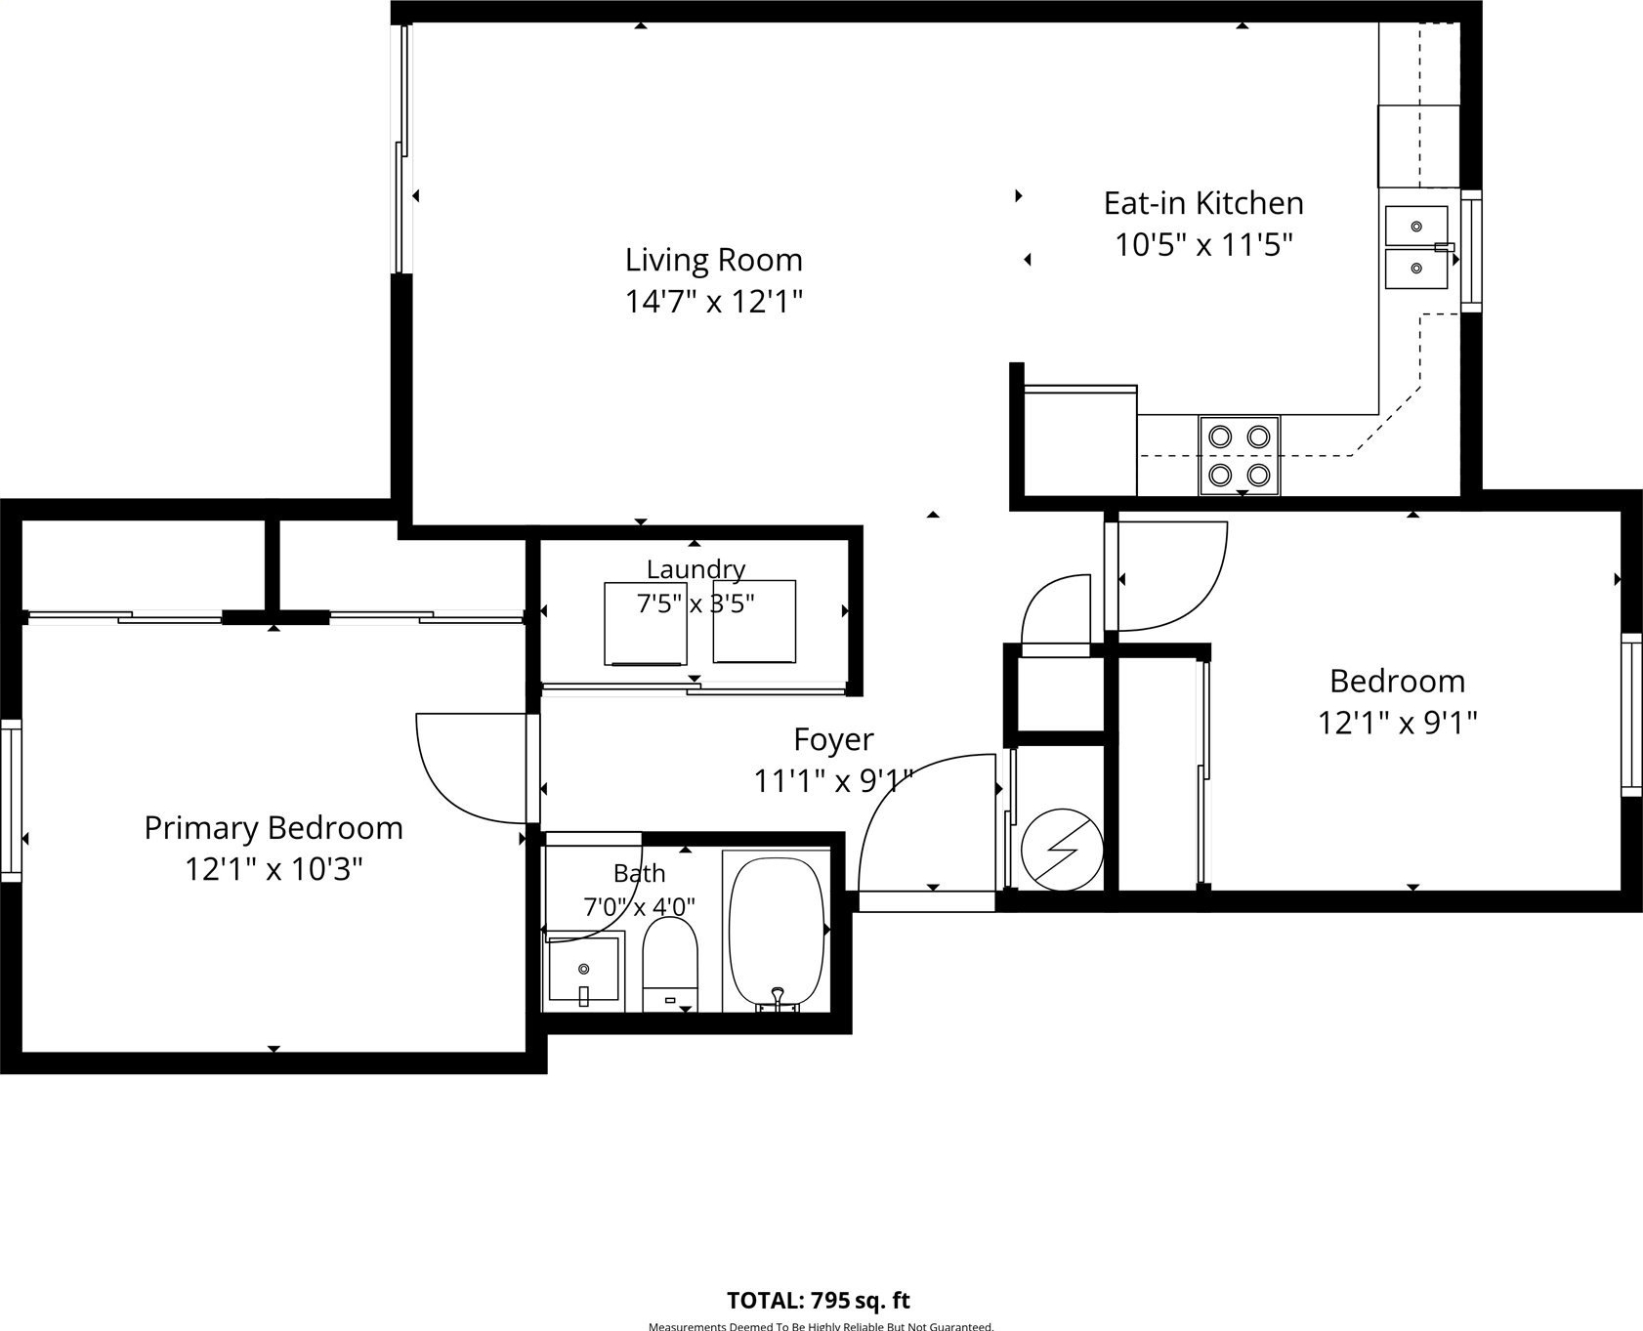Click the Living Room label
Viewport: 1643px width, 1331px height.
tap(713, 260)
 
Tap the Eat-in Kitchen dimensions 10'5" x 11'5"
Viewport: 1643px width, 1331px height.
tap(1203, 244)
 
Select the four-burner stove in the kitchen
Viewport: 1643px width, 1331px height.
tap(1239, 455)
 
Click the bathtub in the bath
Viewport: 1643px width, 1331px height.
tap(777, 933)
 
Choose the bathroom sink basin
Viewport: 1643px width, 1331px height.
tap(584, 970)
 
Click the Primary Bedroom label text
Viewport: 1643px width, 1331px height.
tap(274, 828)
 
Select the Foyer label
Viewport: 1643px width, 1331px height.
tap(833, 739)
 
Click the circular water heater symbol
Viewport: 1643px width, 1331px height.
tap(1062, 849)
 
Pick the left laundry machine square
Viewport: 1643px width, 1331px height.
tap(645, 623)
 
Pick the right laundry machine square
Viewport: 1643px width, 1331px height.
tap(754, 622)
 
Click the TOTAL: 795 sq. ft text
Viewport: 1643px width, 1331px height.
tap(819, 1301)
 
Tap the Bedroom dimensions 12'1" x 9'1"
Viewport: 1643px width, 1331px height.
tap(1398, 724)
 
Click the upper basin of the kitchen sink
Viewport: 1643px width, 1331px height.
tap(1415, 226)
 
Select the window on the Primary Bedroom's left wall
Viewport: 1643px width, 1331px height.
tap(11, 800)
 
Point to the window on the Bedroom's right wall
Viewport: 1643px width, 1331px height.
tap(1631, 714)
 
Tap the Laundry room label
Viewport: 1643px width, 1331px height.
tap(695, 568)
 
